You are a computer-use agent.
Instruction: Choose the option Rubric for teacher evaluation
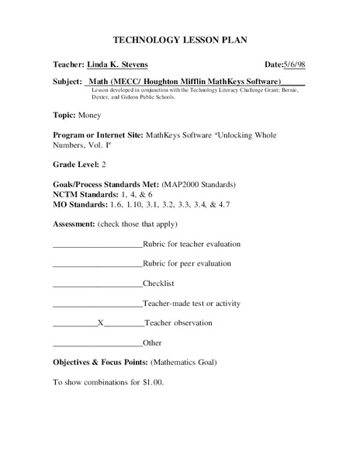192,244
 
